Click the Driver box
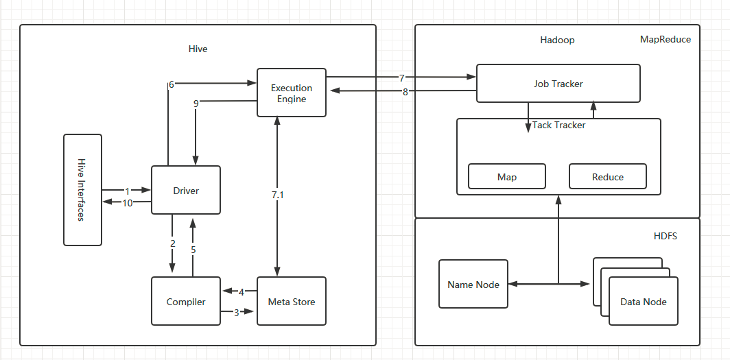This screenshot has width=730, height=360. coord(185,190)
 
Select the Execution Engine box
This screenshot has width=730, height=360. coord(291,93)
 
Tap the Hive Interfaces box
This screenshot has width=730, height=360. coord(82,190)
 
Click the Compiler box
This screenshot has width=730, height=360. coord(185,302)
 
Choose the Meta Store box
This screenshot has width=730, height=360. coord(291,302)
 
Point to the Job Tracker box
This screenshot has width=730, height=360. coord(558,84)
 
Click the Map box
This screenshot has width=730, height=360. coord(506,177)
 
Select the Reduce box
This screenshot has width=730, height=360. coord(607,177)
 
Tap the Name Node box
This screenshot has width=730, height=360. coord(473,285)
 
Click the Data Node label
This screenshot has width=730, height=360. coord(643,302)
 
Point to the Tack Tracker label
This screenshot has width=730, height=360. coord(558,125)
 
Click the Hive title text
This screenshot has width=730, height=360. coord(198,49)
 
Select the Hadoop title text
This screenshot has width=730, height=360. coord(556,40)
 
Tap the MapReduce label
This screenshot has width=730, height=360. coord(665,39)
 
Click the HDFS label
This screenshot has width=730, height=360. coord(665,236)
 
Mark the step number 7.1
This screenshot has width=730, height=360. coord(277,195)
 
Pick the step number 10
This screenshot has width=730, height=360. coord(128,202)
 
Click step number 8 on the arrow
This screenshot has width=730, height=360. coord(405,92)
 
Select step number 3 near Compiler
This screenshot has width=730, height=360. coord(237,313)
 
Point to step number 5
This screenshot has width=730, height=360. coord(193,250)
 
